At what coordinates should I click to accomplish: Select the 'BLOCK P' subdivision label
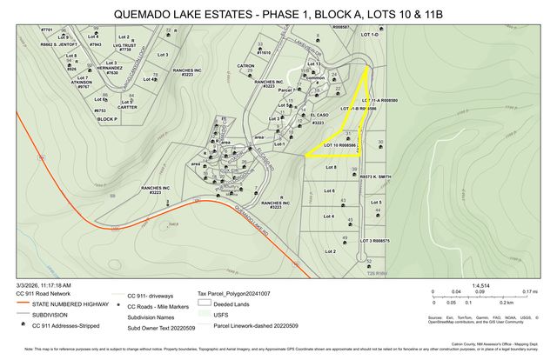pyautogui.click(x=107, y=119)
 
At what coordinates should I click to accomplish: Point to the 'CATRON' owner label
pyautogui.click(x=245, y=65)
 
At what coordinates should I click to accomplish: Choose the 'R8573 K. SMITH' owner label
pyautogui.click(x=376, y=177)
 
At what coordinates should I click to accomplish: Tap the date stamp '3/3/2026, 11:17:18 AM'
pyautogui.click(x=44, y=284)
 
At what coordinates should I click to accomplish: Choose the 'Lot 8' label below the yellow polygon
pyautogui.click(x=330, y=166)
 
